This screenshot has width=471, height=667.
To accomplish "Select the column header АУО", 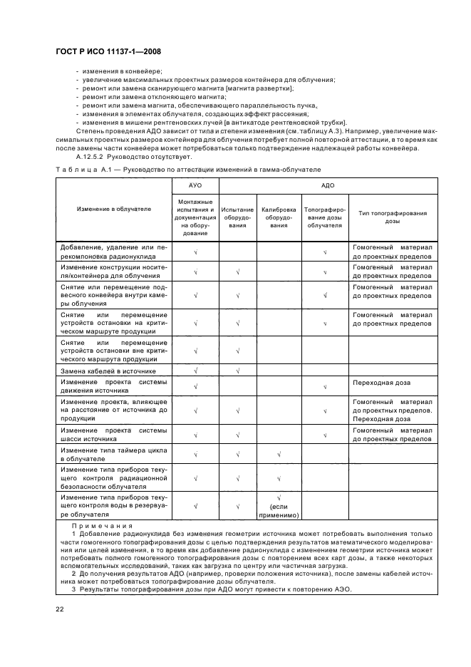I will (195, 185).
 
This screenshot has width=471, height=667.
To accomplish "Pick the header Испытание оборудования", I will (237, 217).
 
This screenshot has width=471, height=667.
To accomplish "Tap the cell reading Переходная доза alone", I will (381, 383).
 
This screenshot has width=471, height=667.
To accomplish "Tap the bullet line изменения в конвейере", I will (123, 71).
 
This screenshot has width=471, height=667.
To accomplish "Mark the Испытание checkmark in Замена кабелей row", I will (237, 371).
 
